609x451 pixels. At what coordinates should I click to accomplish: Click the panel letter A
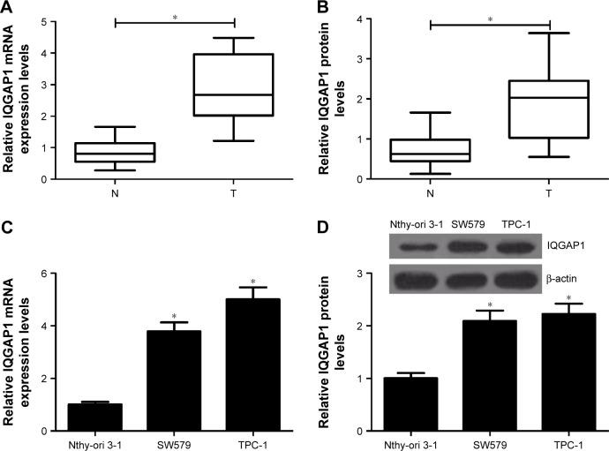coord(8,9)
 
